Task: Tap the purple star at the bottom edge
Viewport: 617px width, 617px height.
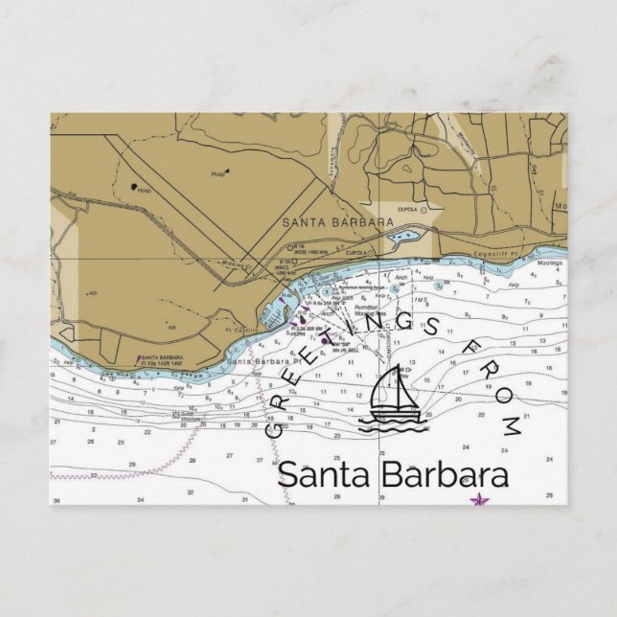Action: (x=477, y=499)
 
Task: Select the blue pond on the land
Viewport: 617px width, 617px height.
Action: (x=402, y=236)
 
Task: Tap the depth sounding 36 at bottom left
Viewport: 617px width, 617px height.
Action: (x=57, y=501)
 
